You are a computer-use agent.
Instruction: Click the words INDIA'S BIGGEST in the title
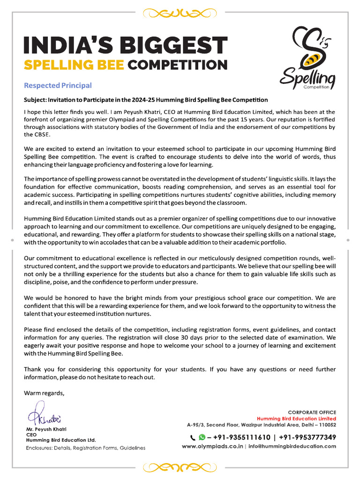tap(125, 45)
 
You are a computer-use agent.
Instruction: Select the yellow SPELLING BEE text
tap(74, 64)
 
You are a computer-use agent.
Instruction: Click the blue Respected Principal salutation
tap(58, 85)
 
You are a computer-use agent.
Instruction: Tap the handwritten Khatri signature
tap(44, 417)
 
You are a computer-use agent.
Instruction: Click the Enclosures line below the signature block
tap(85, 448)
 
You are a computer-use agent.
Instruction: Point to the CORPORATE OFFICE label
tap(312, 412)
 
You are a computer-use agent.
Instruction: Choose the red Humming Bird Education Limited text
tap(296, 419)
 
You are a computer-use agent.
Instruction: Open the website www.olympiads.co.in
tap(212, 446)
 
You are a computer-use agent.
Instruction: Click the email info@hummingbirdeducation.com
tap(292, 446)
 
